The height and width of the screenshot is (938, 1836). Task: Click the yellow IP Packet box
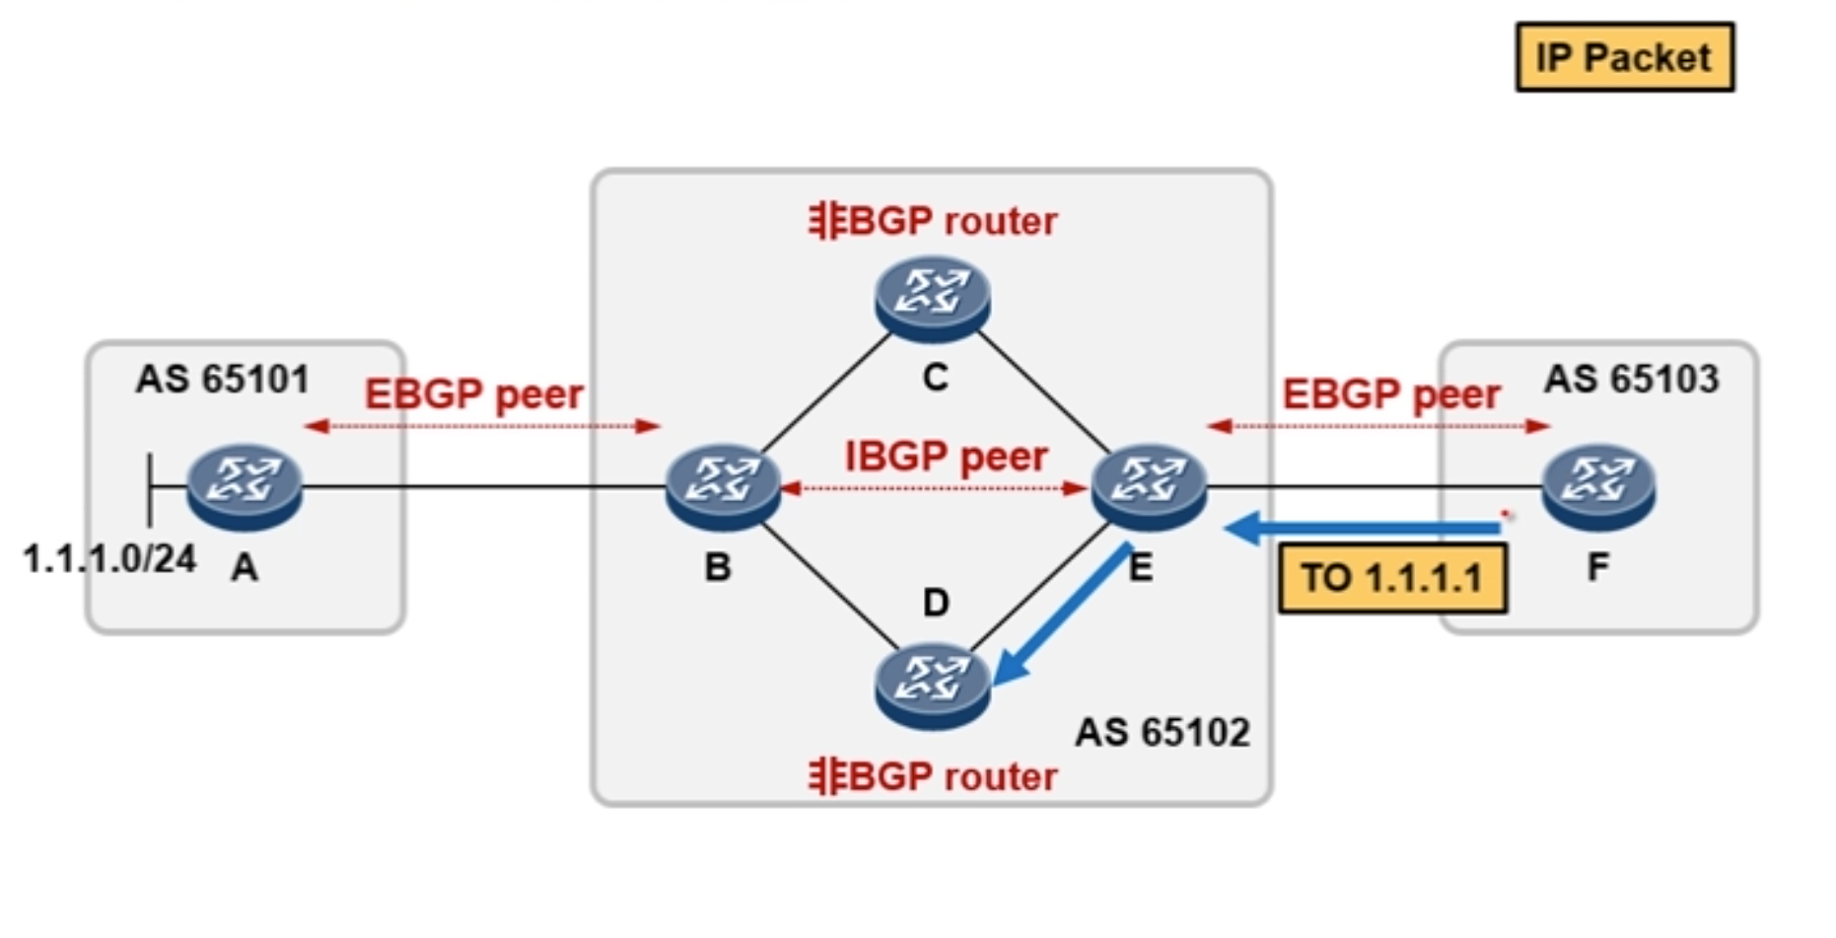(1624, 57)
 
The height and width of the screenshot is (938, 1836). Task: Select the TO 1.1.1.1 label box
(1392, 578)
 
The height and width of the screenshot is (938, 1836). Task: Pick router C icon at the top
(932, 297)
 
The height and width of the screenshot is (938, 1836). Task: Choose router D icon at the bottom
(932, 684)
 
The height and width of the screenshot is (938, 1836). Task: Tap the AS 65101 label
(223, 379)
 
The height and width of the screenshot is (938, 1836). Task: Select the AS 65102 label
(1163, 732)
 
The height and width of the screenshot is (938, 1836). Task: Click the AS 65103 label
(1631, 379)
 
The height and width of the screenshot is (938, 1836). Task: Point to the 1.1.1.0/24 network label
(109, 559)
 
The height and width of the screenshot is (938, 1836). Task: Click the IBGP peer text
(946, 457)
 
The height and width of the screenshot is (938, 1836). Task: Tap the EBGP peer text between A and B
(474, 395)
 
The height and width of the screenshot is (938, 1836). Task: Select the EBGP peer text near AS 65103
(1391, 395)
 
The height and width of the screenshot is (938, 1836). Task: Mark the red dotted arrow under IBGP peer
(934, 488)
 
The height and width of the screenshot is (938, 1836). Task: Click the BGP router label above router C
(933, 221)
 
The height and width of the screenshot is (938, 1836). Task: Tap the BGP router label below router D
(933, 777)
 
